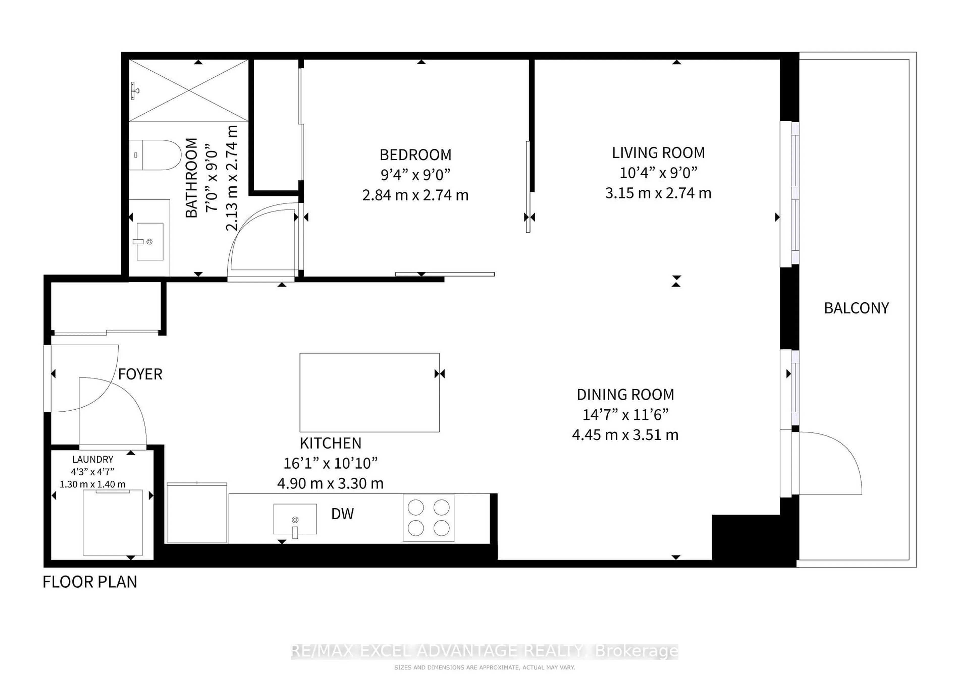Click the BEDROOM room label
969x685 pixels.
coord(415,155)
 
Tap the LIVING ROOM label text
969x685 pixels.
coord(658,153)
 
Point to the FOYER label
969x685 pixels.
coord(140,374)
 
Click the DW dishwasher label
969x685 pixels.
coord(342,514)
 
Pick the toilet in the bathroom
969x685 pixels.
coord(155,155)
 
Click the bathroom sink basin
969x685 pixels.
coord(150,242)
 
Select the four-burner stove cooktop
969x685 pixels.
coord(428,518)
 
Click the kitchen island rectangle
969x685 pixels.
coord(369,392)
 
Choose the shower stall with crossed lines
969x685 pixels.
coord(188,91)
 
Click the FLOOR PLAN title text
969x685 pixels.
coord(90,582)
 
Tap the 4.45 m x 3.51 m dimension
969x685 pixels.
coord(625,435)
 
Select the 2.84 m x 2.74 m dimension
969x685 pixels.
coord(415,195)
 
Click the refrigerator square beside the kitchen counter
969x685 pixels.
coord(197,512)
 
